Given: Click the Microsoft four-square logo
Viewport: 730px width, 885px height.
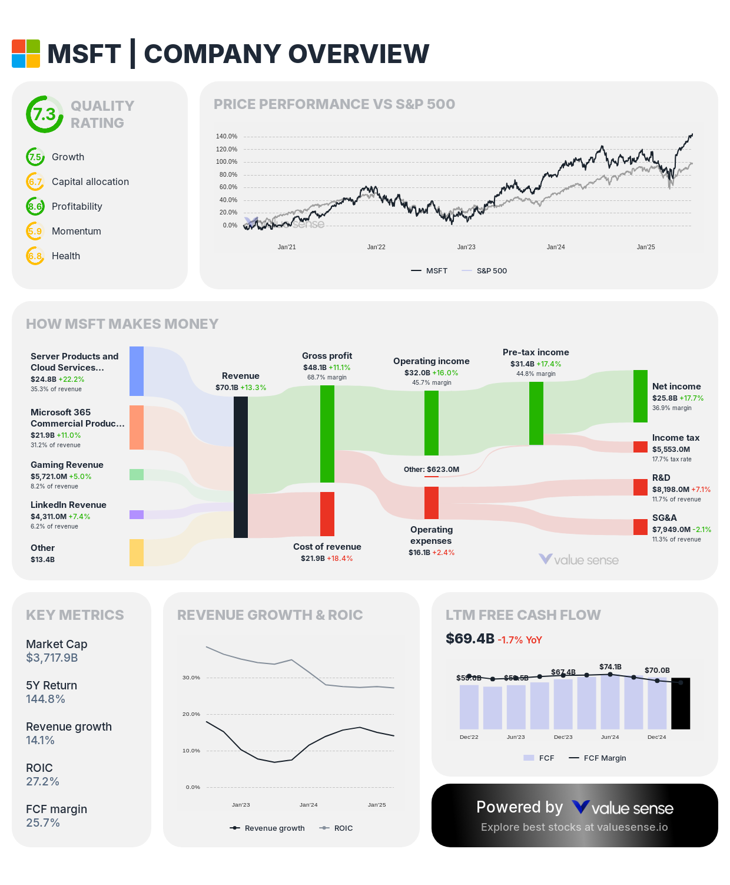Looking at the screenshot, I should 26,54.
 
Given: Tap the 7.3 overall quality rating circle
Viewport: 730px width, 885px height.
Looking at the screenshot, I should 44,114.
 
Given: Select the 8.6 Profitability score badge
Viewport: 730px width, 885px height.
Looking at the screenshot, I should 35,206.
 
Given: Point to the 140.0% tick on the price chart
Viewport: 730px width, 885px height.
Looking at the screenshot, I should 227,137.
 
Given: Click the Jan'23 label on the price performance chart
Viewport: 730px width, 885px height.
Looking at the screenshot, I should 466,247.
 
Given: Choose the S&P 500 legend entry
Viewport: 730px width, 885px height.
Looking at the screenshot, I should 491,271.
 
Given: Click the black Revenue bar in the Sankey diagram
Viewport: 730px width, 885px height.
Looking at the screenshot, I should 241,467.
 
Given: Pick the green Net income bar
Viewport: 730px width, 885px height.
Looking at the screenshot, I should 641,396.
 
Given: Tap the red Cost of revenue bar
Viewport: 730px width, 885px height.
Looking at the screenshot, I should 327,514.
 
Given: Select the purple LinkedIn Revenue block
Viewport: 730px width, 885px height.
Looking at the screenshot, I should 137,514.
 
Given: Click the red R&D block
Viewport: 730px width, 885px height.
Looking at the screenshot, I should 641,487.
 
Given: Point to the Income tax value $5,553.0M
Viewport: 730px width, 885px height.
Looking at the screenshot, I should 671,449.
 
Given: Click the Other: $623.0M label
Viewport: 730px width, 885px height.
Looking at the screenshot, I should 432,470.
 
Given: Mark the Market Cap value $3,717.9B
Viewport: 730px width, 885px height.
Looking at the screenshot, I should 52,658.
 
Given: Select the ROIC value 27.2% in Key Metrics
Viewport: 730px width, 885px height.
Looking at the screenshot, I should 42,782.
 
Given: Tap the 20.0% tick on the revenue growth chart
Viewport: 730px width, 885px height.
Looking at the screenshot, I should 191,714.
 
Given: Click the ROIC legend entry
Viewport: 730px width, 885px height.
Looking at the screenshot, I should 343,828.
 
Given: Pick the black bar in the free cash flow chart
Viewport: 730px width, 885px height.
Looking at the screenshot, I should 681,704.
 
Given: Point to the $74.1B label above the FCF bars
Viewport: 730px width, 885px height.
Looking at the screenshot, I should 610,667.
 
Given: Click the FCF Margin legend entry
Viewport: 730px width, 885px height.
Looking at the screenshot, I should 605,758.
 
